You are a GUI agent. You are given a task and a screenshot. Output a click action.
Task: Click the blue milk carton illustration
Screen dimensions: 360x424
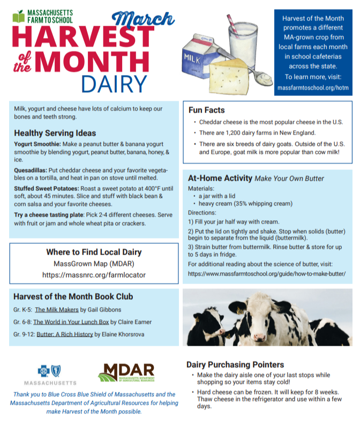[x=201, y=57]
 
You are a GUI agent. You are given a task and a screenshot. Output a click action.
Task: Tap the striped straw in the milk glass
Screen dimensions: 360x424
[x=232, y=24]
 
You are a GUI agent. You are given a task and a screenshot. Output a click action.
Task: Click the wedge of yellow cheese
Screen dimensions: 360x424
[x=229, y=77]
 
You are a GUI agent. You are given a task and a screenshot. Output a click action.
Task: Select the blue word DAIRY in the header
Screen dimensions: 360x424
[x=114, y=84]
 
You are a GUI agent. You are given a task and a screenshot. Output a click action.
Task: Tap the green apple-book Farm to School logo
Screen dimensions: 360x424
[x=18, y=17]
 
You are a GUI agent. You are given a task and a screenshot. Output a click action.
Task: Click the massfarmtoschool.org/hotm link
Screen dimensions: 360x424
[x=313, y=87]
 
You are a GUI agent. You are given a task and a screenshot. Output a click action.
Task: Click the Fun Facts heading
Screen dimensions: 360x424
[x=206, y=110]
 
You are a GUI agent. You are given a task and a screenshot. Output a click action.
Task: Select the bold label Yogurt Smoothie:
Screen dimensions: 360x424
[x=37, y=144]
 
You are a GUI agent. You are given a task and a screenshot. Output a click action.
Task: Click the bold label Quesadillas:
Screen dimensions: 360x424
[x=31, y=170]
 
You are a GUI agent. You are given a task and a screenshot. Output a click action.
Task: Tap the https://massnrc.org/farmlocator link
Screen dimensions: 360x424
[x=94, y=275]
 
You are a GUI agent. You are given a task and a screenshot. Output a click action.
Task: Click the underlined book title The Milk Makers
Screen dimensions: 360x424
[x=57, y=310]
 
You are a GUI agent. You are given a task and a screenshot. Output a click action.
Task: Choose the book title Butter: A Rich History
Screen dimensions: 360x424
[x=65, y=334]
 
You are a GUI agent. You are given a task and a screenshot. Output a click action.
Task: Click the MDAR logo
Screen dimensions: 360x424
[x=126, y=373]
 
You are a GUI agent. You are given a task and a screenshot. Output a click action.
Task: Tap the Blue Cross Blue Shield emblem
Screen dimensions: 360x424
[x=49, y=371]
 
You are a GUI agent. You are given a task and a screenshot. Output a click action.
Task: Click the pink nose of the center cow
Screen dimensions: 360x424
[x=259, y=337]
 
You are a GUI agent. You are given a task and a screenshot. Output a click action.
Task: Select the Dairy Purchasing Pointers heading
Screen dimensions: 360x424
[x=235, y=365]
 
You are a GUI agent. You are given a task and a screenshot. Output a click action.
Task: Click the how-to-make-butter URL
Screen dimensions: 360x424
[x=267, y=274]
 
